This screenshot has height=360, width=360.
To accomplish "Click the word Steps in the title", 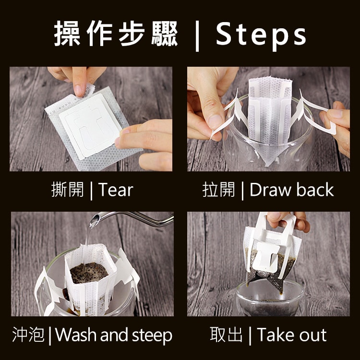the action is click(x=261, y=35).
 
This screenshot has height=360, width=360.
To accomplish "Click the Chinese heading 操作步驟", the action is click(x=116, y=34).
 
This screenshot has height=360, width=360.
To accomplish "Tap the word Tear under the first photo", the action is click(x=116, y=190).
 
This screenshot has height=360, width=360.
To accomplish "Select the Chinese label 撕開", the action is click(x=68, y=190).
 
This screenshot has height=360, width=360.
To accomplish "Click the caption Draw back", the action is click(x=291, y=190).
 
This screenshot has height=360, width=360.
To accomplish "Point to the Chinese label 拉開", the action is click(x=219, y=190).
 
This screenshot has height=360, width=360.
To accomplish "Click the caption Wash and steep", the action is click(x=114, y=335).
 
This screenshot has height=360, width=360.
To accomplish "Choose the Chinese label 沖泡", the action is click(x=28, y=334).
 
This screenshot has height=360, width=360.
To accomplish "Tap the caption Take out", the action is click(x=291, y=335).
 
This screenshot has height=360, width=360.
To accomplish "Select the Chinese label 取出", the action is click(x=226, y=334).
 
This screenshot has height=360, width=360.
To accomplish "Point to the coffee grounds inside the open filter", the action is click(x=88, y=273).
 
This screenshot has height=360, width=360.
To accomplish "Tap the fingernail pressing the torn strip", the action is click(x=79, y=90).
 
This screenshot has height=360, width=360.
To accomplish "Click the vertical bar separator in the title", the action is click(x=197, y=36).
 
